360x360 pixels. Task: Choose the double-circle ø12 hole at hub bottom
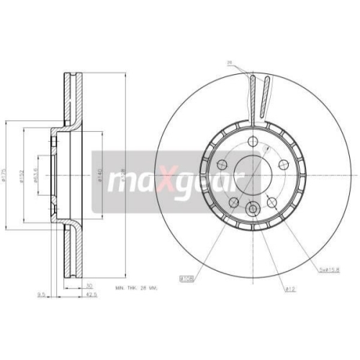coord(252,210)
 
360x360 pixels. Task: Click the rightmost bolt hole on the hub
coord(284,163)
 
